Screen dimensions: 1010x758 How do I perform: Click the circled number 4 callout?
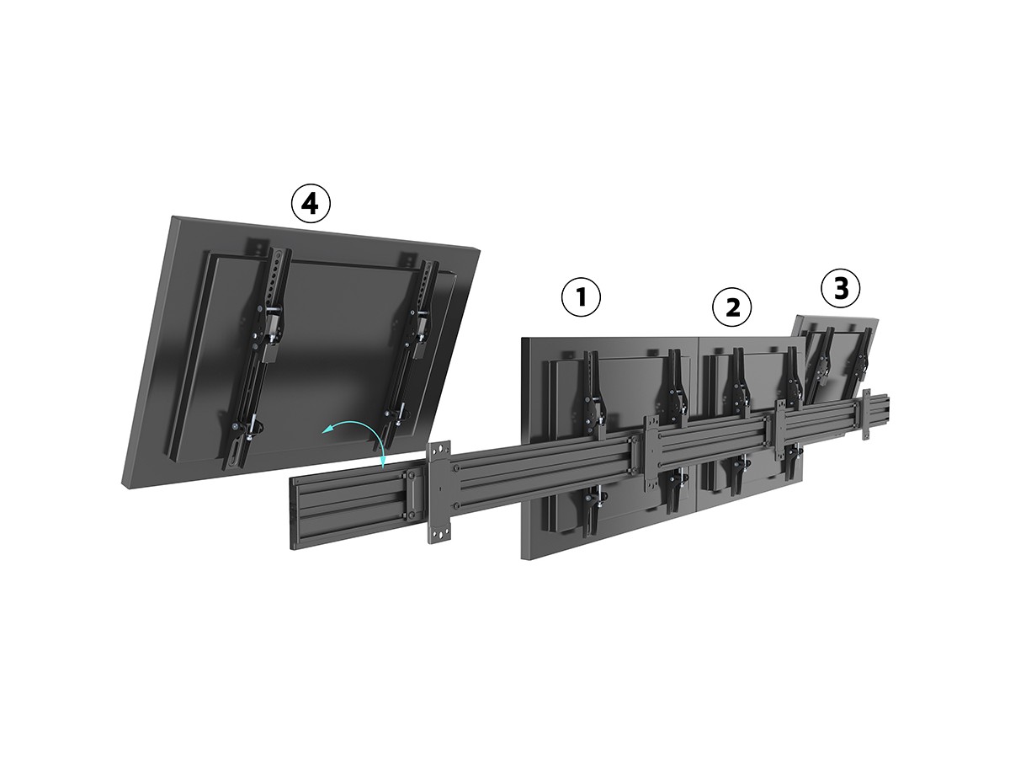pos(311,204)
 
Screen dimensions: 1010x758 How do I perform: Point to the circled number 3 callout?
pos(841,289)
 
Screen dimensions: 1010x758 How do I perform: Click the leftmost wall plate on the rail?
pos(439,492)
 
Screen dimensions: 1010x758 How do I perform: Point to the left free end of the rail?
pos(291,513)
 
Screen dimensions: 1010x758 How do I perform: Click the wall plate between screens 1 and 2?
pos(652,454)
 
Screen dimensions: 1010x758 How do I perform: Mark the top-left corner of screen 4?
pos(172,216)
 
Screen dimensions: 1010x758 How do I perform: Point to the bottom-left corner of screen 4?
pos(122,483)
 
